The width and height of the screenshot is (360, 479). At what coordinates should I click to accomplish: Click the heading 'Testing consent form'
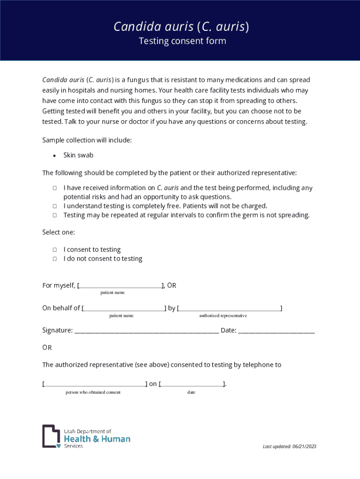pyautogui.click(x=182, y=41)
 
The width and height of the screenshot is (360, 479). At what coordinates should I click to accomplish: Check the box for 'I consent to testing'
pyautogui.click(x=55, y=250)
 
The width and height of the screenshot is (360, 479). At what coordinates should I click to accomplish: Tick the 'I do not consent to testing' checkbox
pyautogui.click(x=55, y=259)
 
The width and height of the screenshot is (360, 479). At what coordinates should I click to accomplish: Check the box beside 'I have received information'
pyautogui.click(x=55, y=188)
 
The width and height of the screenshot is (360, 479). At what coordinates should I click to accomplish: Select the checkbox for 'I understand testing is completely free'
pyautogui.click(x=55, y=206)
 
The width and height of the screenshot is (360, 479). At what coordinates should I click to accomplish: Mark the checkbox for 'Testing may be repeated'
pyautogui.click(x=55, y=215)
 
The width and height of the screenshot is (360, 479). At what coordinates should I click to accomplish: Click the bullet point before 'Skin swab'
pyautogui.click(x=55, y=155)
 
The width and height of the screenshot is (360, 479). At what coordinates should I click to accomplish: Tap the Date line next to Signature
pyautogui.click(x=276, y=332)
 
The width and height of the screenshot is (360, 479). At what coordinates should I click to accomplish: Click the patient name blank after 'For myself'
pyautogui.click(x=120, y=286)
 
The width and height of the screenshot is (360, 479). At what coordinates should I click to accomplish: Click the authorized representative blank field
pyautogui.click(x=230, y=309)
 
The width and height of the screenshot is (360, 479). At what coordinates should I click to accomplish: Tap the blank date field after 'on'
pyautogui.click(x=192, y=385)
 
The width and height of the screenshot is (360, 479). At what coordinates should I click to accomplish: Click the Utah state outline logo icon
pyautogui.click(x=51, y=436)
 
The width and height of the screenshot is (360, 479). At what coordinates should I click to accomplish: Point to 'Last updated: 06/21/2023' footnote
pyautogui.click(x=289, y=446)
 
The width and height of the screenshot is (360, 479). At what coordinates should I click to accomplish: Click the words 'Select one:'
pyautogui.click(x=58, y=232)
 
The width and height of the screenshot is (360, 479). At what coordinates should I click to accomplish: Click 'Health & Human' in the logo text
pyautogui.click(x=97, y=439)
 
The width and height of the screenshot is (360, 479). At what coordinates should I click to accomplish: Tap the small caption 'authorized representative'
pyautogui.click(x=223, y=316)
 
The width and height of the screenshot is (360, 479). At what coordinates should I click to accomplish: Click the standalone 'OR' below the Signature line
pyautogui.click(x=47, y=348)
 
